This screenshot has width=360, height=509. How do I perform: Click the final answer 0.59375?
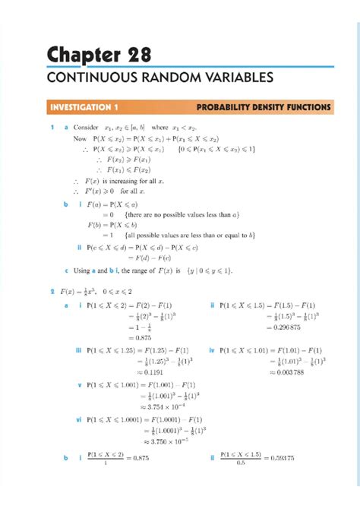click(279, 458)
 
